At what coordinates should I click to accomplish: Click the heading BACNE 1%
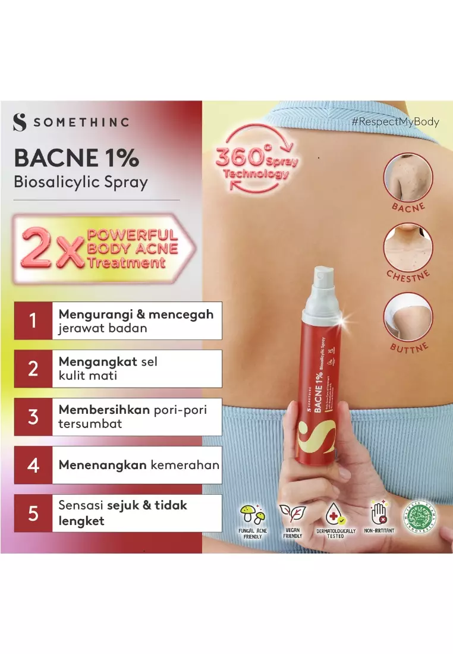pyautogui.click(x=76, y=158)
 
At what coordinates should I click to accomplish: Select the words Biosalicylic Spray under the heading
pyautogui.click(x=80, y=182)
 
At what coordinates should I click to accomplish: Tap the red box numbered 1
pyautogui.click(x=33, y=320)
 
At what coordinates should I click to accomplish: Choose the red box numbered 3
pyautogui.click(x=33, y=417)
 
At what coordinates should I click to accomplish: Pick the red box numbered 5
pyautogui.click(x=33, y=513)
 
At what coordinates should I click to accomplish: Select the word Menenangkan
pyautogui.click(x=102, y=465)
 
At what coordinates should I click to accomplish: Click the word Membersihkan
pyautogui.click(x=100, y=410)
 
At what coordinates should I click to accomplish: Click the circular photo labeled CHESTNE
pyautogui.click(x=408, y=247)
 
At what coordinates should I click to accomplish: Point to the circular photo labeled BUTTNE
pyautogui.click(x=408, y=316)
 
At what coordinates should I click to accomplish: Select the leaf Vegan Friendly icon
pyautogui.click(x=293, y=514)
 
